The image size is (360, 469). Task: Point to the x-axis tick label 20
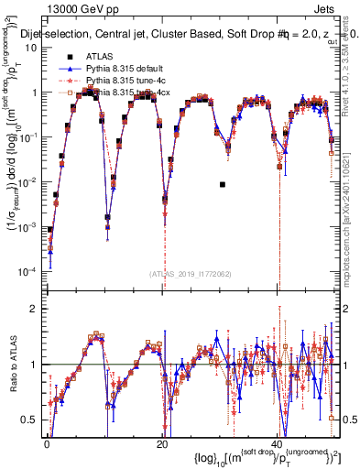click(x=162, y=444)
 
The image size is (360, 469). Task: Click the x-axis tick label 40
click(x=277, y=444)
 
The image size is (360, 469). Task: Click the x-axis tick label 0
click(x=47, y=444)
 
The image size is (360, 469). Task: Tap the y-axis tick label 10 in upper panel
click(x=32, y=48)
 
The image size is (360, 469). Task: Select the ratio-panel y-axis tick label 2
click(x=35, y=309)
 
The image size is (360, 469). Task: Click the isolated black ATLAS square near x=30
click(x=223, y=184)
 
